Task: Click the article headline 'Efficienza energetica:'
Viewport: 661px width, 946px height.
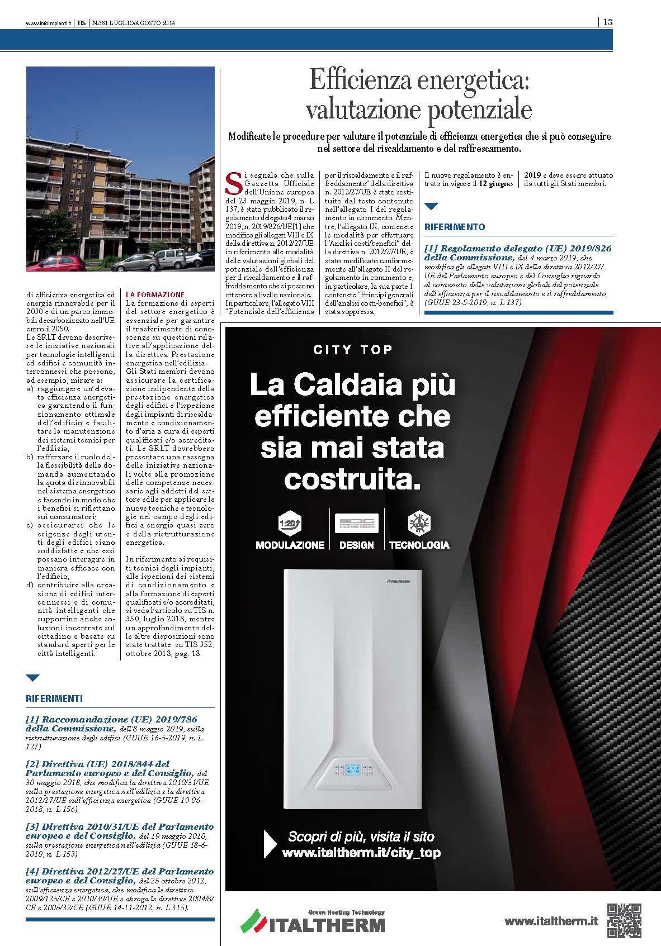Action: click(x=419, y=82)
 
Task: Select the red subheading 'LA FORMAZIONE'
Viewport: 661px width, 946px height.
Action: click(x=155, y=294)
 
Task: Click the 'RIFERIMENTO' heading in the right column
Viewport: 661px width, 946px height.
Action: click(x=455, y=227)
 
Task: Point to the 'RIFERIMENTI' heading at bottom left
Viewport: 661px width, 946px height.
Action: click(x=54, y=698)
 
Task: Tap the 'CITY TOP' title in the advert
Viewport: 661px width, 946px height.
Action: click(x=353, y=350)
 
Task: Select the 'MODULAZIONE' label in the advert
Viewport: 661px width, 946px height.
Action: click(x=290, y=545)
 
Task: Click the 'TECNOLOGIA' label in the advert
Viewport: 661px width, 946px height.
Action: click(x=419, y=545)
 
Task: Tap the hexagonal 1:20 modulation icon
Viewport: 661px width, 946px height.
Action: click(x=289, y=524)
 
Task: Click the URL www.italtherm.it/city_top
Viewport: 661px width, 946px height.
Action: click(x=361, y=853)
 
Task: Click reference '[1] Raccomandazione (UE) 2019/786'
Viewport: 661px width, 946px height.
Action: click(x=111, y=720)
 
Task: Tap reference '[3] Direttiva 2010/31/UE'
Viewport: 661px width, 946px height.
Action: click(x=120, y=826)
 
